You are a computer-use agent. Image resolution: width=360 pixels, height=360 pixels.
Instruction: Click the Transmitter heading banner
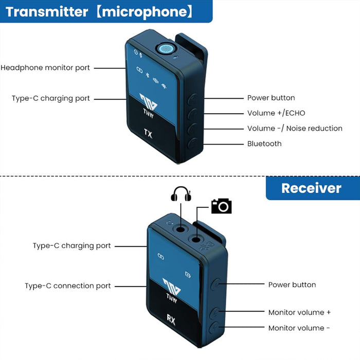tap(103, 11)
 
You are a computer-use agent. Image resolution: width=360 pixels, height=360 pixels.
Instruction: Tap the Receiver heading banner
tap(311, 188)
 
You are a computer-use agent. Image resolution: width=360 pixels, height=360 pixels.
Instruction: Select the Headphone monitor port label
tap(45, 68)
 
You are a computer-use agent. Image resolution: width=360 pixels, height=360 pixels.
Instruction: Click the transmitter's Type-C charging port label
tap(51, 98)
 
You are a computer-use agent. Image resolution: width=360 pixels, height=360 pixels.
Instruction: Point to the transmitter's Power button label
tap(271, 98)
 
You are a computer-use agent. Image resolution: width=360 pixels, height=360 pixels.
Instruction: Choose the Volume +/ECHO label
tap(276, 113)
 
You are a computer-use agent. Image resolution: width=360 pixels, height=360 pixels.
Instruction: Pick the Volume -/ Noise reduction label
tap(295, 129)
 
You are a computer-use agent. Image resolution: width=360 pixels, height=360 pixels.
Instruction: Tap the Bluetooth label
tap(264, 144)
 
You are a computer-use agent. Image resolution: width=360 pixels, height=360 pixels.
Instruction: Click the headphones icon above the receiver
tap(181, 194)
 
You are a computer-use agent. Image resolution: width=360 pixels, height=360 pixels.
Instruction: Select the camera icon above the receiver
tap(222, 206)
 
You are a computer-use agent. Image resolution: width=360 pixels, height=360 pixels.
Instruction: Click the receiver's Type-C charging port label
tap(71, 246)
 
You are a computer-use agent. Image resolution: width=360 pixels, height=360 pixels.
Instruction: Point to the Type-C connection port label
tap(68, 286)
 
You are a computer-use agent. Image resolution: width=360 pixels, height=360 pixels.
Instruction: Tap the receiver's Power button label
tap(292, 285)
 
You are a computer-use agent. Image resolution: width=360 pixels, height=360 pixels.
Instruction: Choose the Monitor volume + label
tap(300, 312)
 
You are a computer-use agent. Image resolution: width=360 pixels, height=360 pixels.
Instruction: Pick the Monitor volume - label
tap(299, 328)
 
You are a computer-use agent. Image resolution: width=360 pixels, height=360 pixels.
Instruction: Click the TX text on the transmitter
tap(148, 135)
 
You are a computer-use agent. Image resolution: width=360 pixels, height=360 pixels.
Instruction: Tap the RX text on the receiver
tap(171, 321)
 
